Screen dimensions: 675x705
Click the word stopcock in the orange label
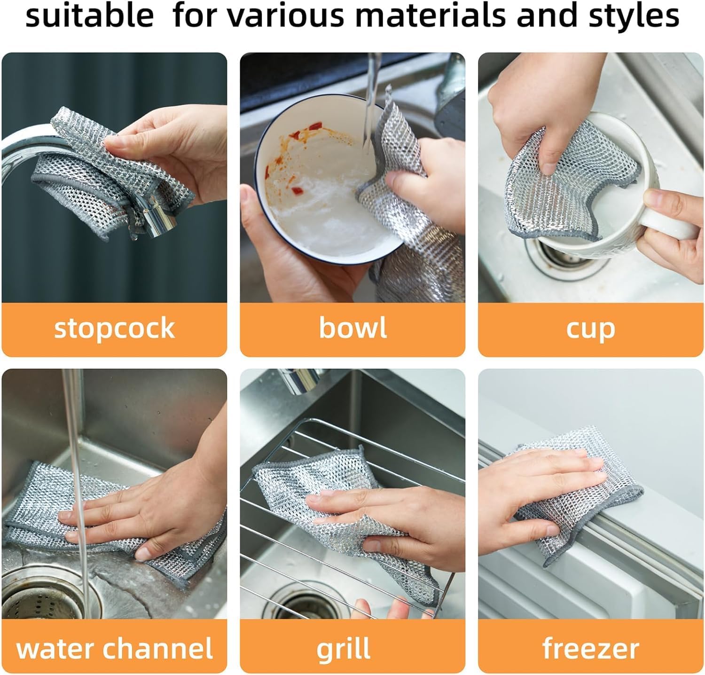[x=114, y=328]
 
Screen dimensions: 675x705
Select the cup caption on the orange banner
[x=590, y=329]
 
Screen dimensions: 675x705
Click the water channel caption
[x=114, y=649]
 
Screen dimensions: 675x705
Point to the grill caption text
[x=343, y=649]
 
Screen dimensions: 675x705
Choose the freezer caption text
[x=590, y=649]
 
